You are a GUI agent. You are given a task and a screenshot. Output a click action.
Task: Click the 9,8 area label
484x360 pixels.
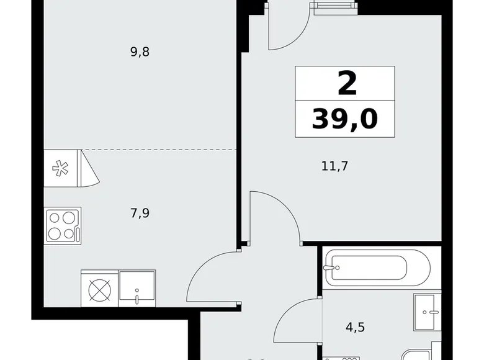[140, 52]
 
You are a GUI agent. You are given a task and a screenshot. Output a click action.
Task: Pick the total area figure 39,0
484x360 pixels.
[344, 119]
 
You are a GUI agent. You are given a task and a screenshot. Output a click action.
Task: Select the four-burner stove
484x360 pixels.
[61, 225]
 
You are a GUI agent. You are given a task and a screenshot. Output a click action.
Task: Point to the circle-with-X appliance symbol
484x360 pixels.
[99, 288]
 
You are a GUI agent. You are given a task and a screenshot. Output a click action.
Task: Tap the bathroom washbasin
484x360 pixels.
[428, 312]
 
